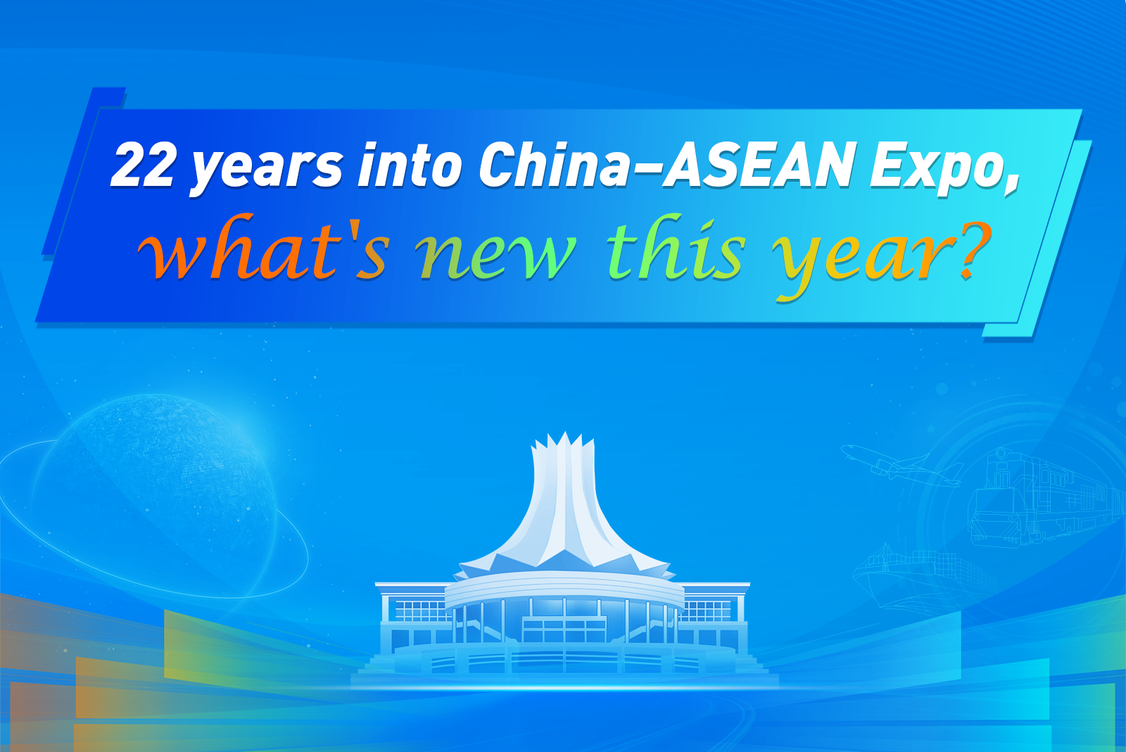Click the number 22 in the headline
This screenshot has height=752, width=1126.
point(142,165)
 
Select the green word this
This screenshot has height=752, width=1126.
point(675,247)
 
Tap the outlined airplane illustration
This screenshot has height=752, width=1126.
point(900,466)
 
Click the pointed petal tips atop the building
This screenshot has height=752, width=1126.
point(564,442)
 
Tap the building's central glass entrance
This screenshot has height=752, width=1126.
point(564,629)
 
